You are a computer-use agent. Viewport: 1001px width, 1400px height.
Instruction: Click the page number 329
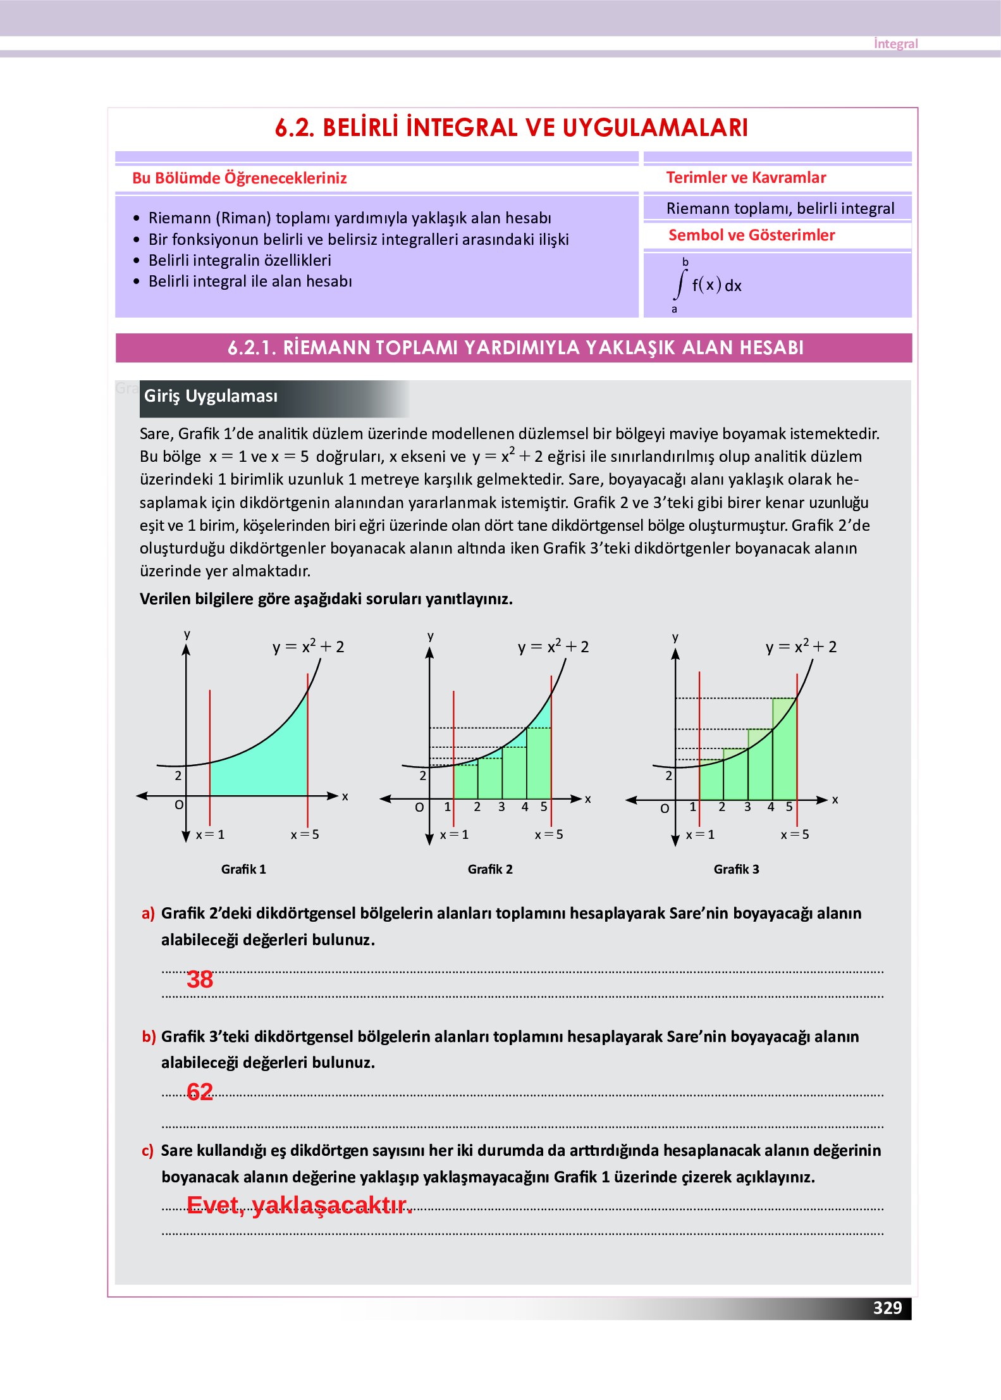point(887,1308)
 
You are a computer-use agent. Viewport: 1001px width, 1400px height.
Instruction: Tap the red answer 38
point(200,979)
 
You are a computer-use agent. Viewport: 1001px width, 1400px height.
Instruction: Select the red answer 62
point(200,1092)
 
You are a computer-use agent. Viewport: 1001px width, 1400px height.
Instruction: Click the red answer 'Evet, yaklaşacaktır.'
point(299,1205)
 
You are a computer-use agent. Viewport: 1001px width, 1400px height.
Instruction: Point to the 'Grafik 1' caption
point(243,869)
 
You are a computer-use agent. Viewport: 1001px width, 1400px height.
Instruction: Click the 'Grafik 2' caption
point(490,869)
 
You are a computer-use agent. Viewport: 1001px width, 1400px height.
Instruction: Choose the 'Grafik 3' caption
point(736,869)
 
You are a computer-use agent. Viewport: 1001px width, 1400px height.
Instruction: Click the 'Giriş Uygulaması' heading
point(211,396)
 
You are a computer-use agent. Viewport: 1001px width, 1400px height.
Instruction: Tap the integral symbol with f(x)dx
point(707,285)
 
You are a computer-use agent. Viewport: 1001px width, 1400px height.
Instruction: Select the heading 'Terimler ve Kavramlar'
point(746,178)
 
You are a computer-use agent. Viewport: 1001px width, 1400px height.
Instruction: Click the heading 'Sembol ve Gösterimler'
point(751,235)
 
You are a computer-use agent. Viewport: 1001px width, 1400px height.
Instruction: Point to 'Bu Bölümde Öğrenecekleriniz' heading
point(240,178)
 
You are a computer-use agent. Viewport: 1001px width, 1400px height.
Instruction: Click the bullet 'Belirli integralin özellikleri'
point(240,261)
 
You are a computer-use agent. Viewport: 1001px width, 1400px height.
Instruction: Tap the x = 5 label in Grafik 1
point(305,834)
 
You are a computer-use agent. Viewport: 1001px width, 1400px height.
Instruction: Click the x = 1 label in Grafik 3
point(700,834)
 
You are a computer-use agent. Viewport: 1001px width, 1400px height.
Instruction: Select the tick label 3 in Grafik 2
point(501,807)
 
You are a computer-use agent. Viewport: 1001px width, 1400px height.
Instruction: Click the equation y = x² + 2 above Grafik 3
point(801,647)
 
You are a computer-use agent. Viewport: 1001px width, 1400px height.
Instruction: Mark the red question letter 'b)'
point(149,1036)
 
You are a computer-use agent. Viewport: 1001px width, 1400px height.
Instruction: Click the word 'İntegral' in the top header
point(895,44)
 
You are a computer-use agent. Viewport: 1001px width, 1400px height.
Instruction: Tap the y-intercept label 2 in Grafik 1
point(178,776)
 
